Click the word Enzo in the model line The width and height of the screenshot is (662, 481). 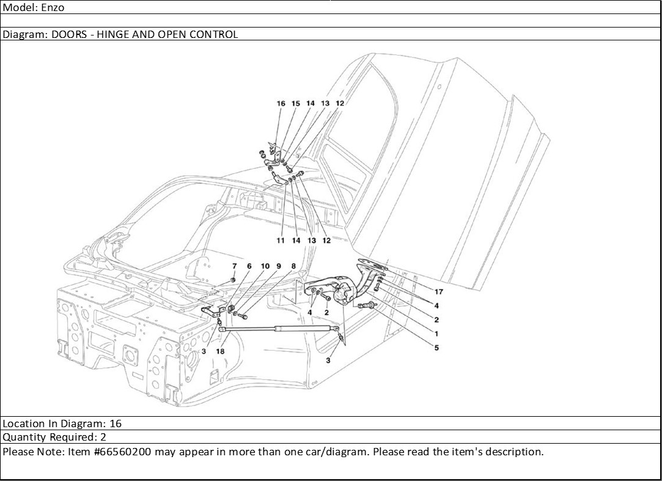(53, 7)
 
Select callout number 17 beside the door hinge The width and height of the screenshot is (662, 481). (439, 292)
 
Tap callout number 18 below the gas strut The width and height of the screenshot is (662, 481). (221, 351)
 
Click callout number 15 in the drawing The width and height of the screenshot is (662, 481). (295, 103)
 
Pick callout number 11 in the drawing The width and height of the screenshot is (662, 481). (281, 240)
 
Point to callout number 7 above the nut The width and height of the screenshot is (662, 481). (234, 266)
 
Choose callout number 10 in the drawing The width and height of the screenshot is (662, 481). (265, 266)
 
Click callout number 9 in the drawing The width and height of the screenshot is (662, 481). (279, 266)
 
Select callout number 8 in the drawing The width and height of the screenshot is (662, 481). (293, 266)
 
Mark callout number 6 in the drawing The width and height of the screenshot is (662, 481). (249, 266)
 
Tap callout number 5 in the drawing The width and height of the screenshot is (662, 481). (436, 348)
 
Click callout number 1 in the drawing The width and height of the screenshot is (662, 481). (436, 334)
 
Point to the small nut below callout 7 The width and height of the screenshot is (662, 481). (233, 280)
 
